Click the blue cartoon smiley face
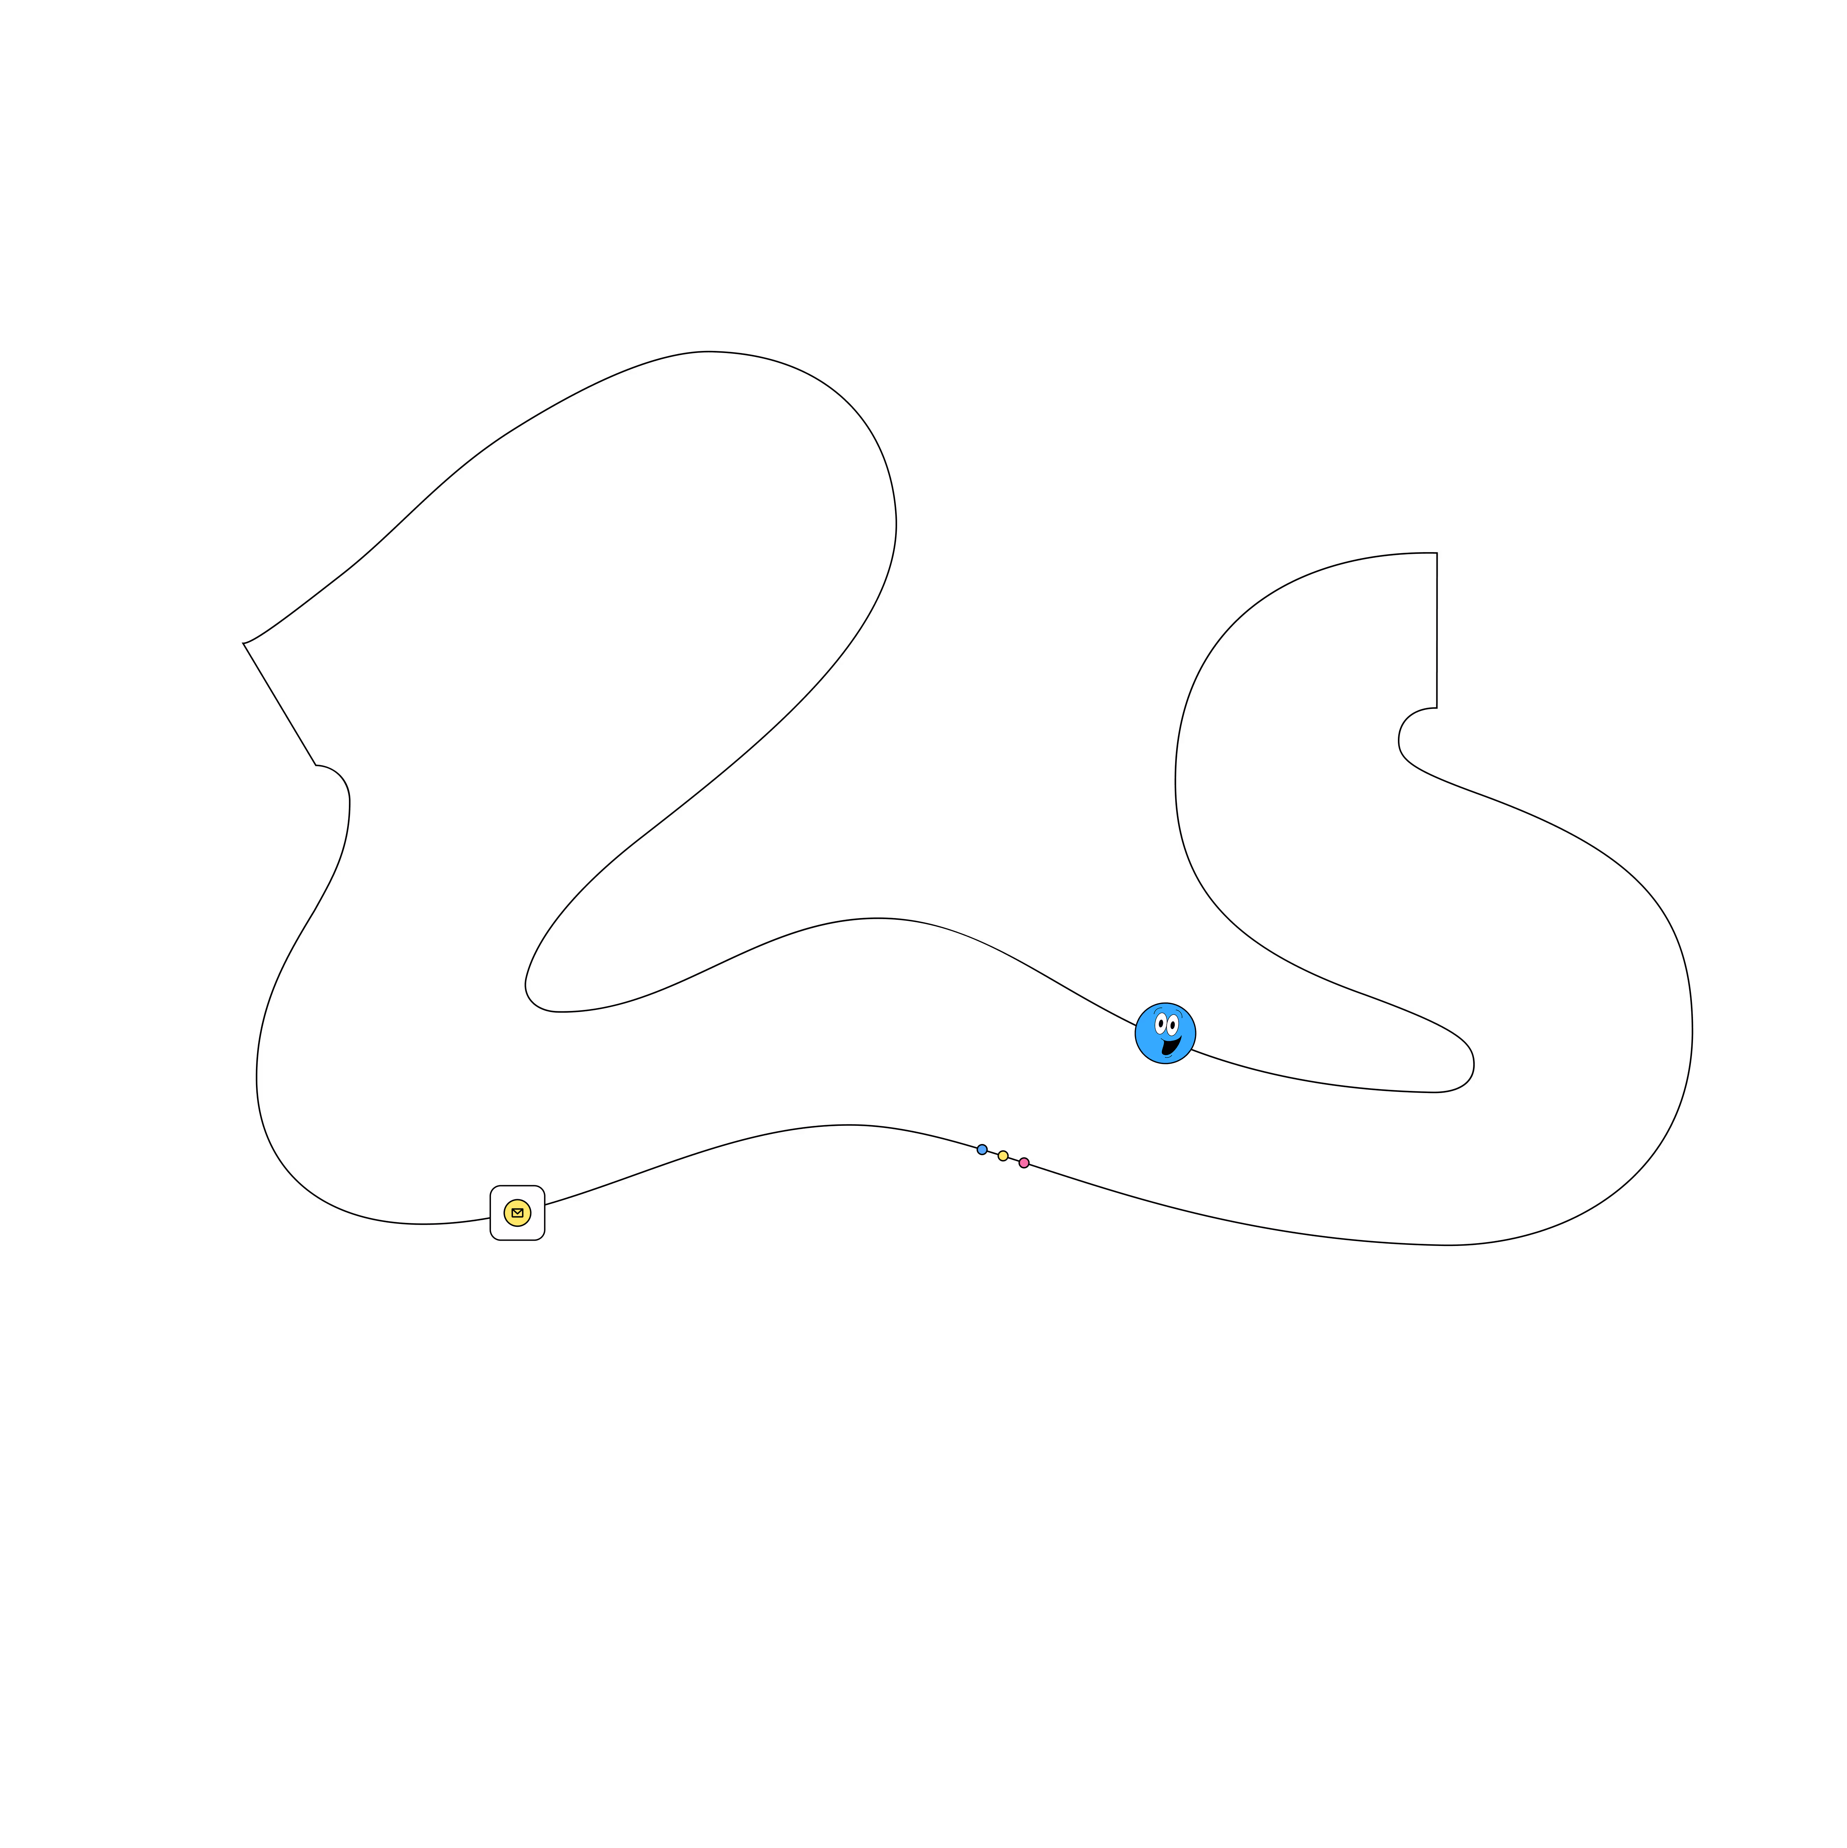coord(1165,1033)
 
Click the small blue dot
coord(982,1150)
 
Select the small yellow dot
coord(1003,1156)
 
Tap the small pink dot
coord(1024,1163)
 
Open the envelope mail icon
coord(518,1213)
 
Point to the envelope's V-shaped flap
coord(518,1212)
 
